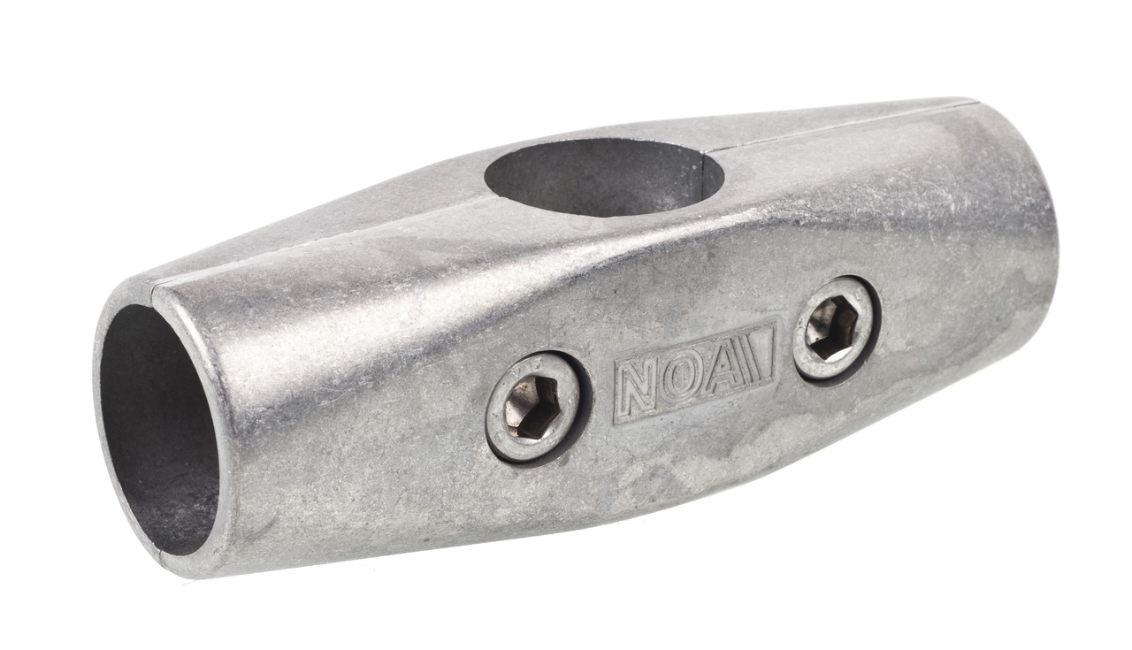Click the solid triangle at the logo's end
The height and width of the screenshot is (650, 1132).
pos(761,354)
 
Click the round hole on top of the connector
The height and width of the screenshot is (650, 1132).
pos(604,177)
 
